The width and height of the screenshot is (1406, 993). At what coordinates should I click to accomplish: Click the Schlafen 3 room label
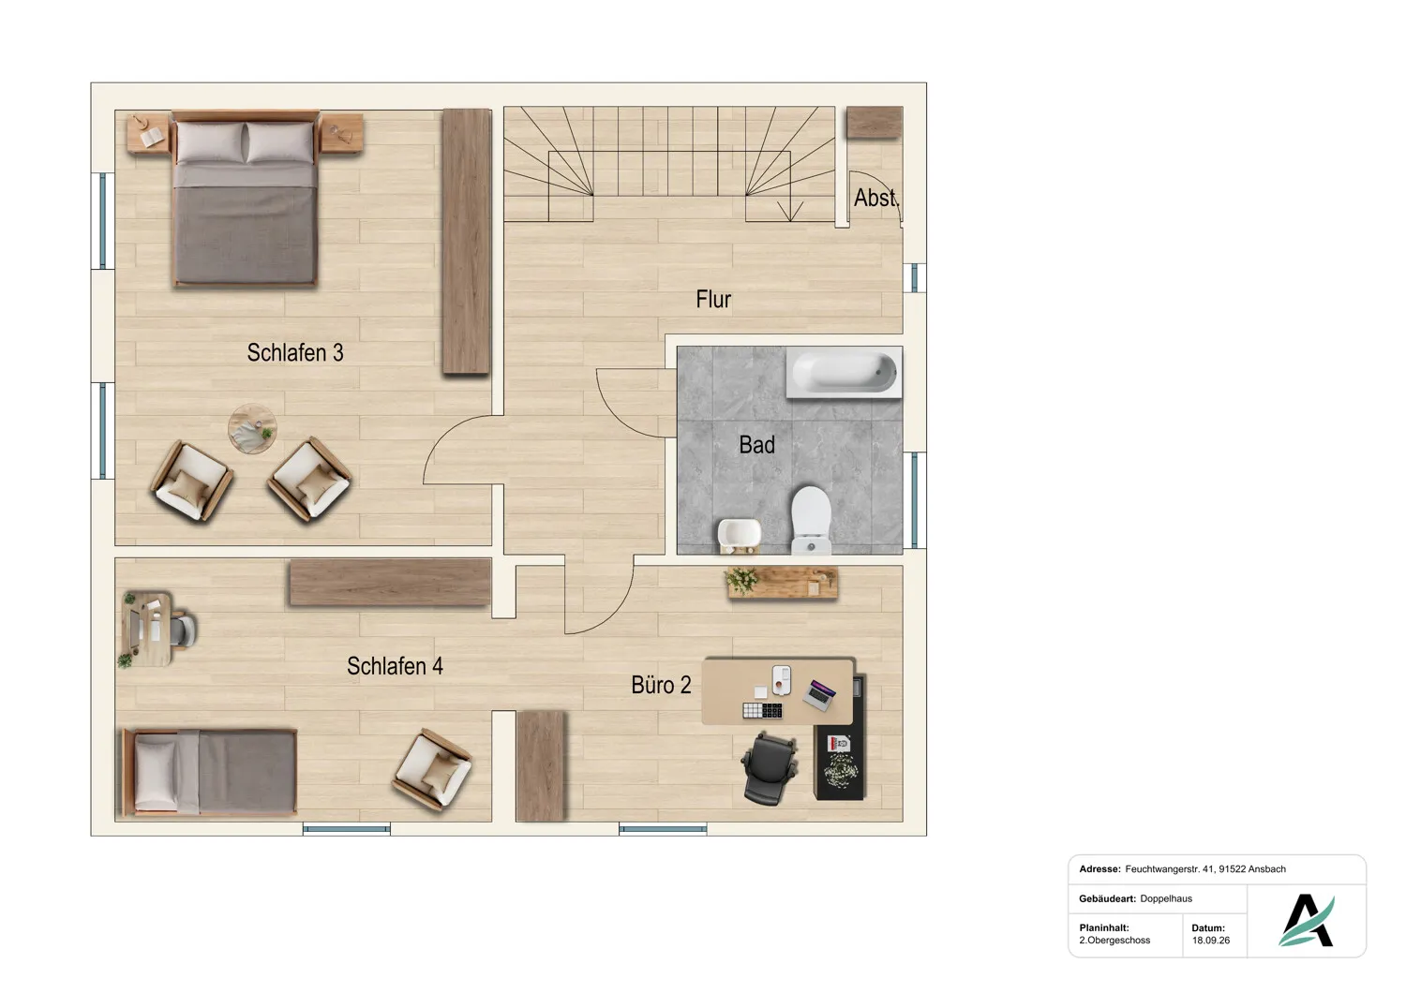295,352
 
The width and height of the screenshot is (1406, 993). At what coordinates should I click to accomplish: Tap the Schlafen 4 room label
395,666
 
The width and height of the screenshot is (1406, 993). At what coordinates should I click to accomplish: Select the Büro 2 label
661,685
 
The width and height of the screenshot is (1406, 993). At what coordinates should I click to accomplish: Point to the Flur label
713,299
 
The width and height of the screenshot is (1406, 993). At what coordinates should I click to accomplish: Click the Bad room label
756,445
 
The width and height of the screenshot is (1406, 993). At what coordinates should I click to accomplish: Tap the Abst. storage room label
876,198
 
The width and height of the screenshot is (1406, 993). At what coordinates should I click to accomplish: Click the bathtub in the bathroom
844,373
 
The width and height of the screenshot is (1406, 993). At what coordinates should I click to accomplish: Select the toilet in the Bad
811,521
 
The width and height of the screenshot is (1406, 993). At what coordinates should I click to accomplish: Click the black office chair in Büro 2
770,768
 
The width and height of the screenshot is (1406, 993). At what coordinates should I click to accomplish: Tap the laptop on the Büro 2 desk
820,695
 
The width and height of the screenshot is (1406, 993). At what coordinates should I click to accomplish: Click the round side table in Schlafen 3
252,428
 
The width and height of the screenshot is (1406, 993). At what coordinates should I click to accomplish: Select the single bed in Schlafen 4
209,772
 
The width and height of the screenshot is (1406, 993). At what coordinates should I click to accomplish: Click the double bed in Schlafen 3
246,199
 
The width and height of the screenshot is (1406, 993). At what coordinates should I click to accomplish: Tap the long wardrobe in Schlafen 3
467,242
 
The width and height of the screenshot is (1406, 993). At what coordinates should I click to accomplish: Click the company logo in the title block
1307,920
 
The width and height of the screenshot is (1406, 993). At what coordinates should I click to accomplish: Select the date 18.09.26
1211,941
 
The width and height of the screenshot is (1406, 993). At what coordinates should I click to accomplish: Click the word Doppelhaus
1166,898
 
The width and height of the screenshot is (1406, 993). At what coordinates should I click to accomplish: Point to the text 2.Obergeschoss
1114,941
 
